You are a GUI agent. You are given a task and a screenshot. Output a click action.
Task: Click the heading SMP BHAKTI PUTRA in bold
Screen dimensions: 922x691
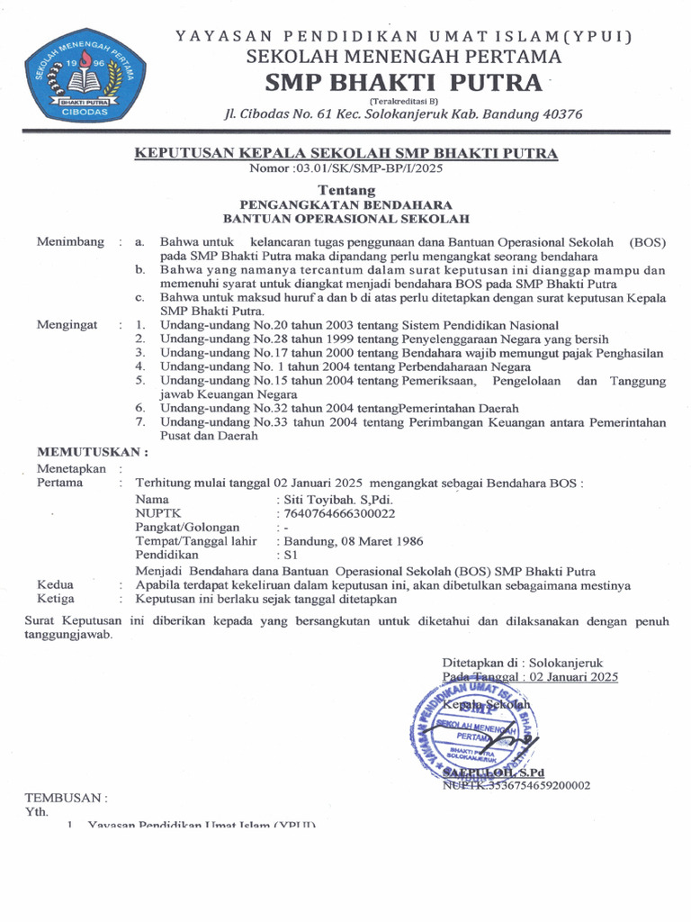[x=403, y=84]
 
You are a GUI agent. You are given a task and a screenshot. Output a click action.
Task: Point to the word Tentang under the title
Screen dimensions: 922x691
[x=346, y=191]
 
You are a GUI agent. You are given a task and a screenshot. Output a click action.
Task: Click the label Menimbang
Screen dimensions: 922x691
[x=68, y=242]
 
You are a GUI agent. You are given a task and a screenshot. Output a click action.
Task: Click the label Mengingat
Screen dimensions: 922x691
[x=67, y=325]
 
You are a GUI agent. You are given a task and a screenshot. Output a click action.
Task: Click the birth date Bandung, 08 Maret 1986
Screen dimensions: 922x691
[x=354, y=541]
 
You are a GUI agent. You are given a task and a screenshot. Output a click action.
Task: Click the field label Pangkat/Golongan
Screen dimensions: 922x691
[x=187, y=527]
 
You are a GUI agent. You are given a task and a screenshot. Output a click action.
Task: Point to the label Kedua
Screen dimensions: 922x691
[x=55, y=584]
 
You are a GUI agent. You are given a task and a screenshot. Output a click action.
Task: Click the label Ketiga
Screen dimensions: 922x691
[x=56, y=598]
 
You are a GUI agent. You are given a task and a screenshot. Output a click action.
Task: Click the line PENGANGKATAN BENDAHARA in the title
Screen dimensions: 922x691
[x=346, y=204]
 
